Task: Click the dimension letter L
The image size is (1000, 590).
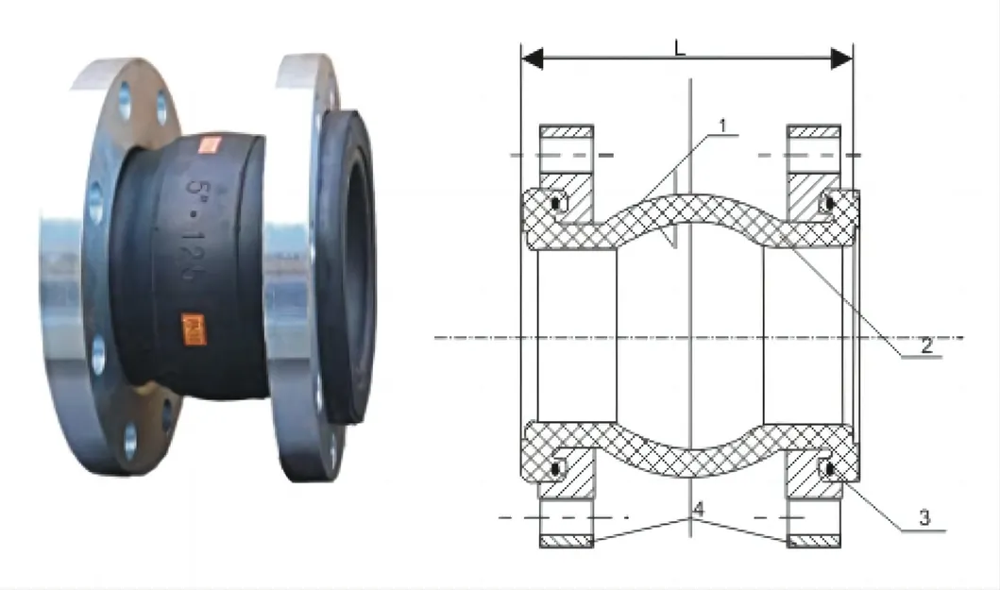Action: [x=680, y=46]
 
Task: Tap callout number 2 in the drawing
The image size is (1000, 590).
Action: [x=926, y=346]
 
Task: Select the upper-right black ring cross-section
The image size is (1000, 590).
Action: [x=830, y=202]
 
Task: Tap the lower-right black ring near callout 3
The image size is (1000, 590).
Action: [x=830, y=466]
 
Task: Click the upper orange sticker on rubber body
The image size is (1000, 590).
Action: [x=207, y=144]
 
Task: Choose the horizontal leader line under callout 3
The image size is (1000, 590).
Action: [x=921, y=531]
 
